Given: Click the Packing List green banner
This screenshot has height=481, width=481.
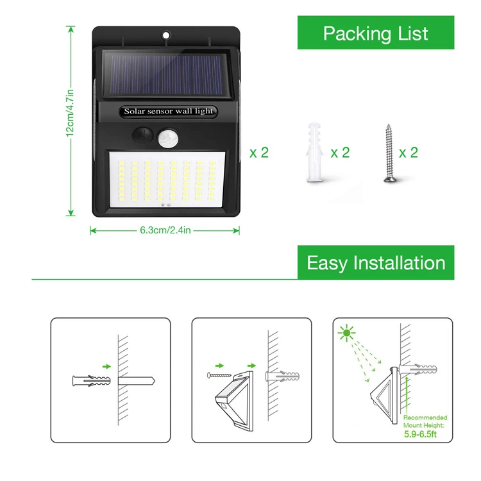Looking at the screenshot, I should (x=375, y=33).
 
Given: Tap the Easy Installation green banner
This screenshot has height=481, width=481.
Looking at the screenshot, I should (x=375, y=262).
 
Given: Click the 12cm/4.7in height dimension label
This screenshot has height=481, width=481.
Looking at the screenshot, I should (x=71, y=121).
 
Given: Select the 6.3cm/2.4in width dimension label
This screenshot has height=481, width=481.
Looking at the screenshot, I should (x=165, y=230).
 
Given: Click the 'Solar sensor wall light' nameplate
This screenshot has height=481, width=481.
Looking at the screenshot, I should (x=168, y=111).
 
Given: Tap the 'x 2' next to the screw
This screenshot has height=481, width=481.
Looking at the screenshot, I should (x=409, y=152).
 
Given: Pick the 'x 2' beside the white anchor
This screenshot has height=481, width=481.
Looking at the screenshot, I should (x=340, y=152).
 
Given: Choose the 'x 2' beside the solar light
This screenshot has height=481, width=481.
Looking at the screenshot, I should (x=259, y=152).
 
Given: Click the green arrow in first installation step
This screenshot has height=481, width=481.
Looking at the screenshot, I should (x=106, y=366).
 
